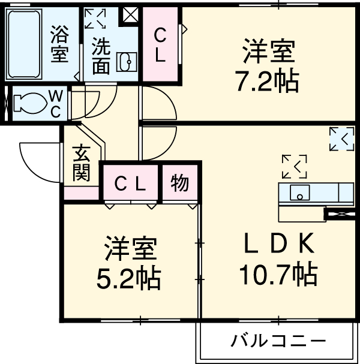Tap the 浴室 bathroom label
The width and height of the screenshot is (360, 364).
pos(59,44)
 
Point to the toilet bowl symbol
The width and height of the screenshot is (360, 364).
pos(27,104)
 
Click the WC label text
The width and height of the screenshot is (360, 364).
pos(55,103)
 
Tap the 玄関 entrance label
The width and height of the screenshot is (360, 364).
pos(82,164)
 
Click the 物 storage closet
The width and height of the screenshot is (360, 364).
pos(179,183)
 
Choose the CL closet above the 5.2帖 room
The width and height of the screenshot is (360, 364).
pos(130,183)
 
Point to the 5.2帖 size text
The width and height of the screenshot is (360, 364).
pos(129,278)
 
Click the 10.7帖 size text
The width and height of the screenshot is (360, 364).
pos(278,275)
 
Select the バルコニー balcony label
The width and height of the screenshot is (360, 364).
pos(279,342)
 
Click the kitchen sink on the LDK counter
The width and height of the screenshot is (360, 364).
pos(299,193)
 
